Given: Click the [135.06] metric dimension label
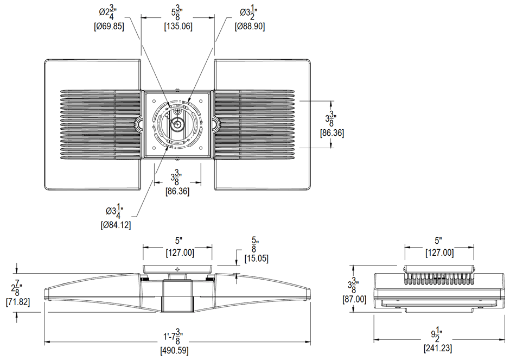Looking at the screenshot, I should (178, 26).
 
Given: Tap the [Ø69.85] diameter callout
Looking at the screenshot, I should (109, 26).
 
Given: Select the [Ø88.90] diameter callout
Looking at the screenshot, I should (250, 26).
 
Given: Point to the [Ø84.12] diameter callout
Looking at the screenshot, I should (116, 224).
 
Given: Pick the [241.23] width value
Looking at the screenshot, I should (437, 349).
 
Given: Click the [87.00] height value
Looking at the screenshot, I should (354, 299).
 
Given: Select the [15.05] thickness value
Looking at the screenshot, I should (256, 258).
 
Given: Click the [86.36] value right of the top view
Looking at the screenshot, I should (331, 132).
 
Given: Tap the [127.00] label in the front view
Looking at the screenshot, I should (177, 252).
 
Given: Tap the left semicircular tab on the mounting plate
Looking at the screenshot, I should (141, 124).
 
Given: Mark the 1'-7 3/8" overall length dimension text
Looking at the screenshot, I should (175, 337).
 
